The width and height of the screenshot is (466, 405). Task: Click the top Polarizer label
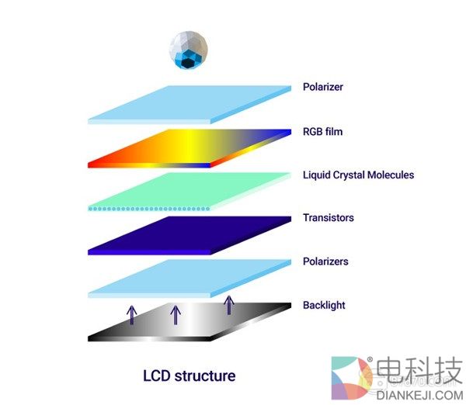pos(322,87)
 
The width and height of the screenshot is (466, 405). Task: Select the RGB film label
pos(322,131)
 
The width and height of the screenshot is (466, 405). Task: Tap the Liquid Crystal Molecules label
pos(358,175)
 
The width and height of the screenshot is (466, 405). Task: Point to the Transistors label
pos(328,218)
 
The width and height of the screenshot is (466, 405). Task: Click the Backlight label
pos(324,305)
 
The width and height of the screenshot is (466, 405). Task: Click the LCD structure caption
pos(189,376)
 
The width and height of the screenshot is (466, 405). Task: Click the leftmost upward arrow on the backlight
pos(131,315)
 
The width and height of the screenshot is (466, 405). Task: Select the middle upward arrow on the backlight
pos(176,314)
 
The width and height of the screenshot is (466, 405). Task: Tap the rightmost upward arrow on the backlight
pos(228,304)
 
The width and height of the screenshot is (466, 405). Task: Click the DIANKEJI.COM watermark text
pos(419,393)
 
